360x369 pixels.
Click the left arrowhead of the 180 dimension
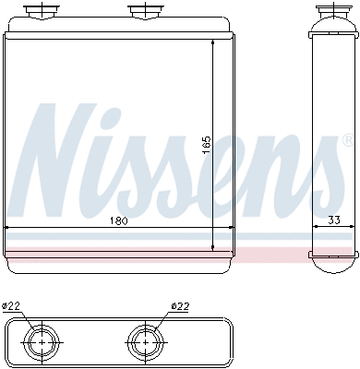pyautogui.click(x=8, y=227)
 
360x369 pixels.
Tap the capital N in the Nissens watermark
pyautogui.click(x=69, y=157)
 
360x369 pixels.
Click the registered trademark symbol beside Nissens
pyautogui.click(x=347, y=141)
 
